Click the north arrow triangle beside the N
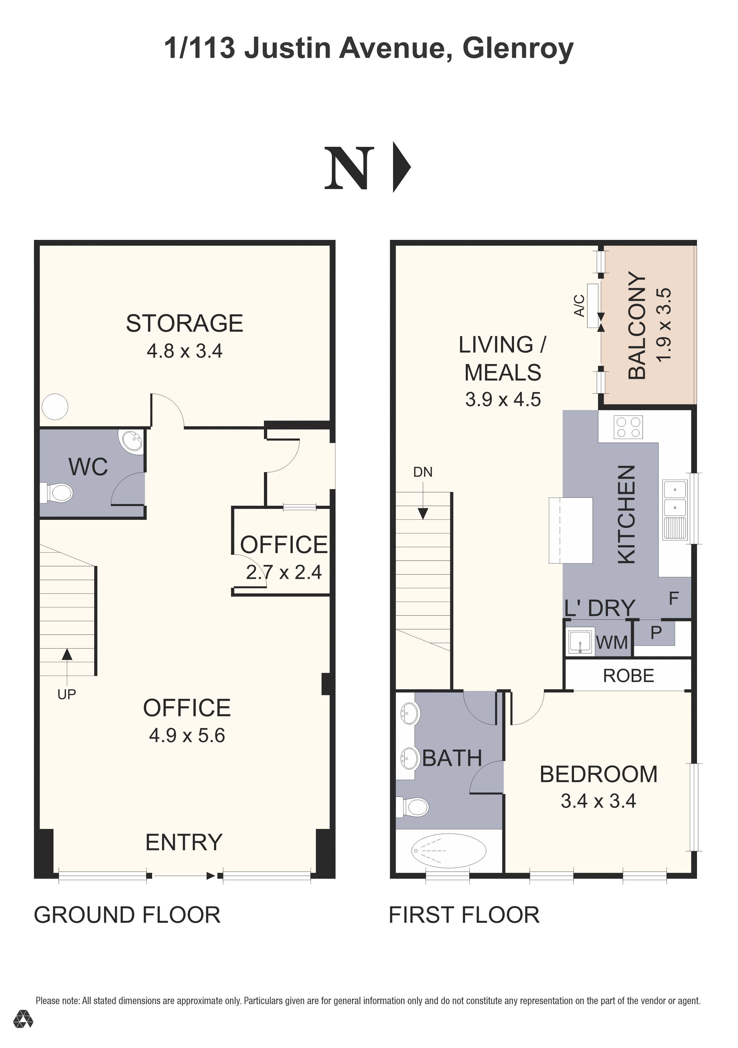pos(401,168)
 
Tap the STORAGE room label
pos(184,323)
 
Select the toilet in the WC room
pos(58,493)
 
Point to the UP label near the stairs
pos(67,694)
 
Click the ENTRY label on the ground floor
pos(184,842)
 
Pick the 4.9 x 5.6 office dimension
pos(187,735)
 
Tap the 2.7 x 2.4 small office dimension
pos(284,572)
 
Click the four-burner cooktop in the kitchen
pos(628,427)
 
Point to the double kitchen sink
pos(675,498)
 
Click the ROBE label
pos(628,675)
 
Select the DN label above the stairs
pos(422,472)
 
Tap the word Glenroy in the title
pos(518,48)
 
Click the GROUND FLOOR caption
pos(127,915)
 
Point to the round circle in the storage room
pos(55,406)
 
